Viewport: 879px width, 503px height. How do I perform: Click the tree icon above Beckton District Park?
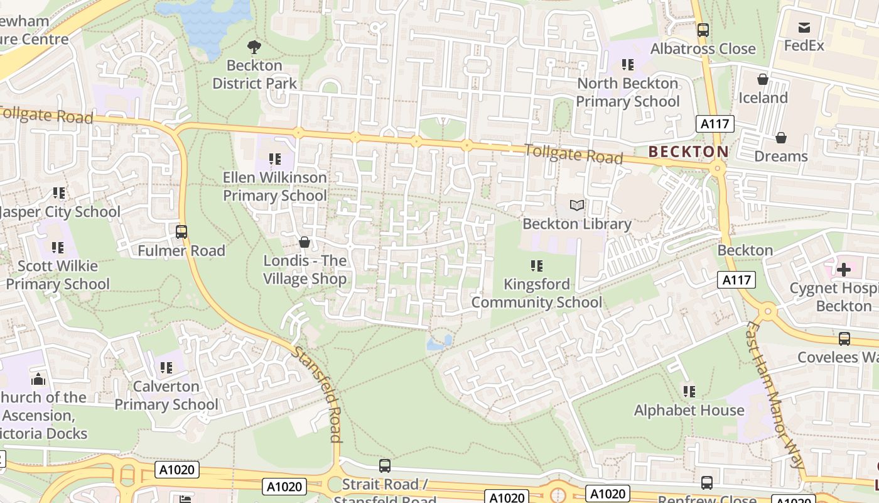(x=254, y=46)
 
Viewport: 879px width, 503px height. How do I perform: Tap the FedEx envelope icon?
(x=804, y=27)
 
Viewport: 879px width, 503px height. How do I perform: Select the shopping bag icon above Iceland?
(x=763, y=79)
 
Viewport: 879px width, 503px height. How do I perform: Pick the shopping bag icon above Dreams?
(x=781, y=137)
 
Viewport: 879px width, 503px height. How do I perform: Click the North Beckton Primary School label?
(x=627, y=92)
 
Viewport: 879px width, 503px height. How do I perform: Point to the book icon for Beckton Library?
(x=576, y=205)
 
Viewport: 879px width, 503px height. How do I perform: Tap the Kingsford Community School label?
(x=536, y=293)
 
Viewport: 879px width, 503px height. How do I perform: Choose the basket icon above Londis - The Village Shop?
(x=305, y=242)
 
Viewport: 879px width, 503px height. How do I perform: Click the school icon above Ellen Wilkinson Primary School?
(x=274, y=159)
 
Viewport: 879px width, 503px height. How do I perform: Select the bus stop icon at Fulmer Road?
(x=181, y=232)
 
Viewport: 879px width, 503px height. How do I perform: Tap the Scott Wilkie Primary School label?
(x=58, y=275)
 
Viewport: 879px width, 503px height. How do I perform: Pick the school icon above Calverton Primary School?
(x=166, y=368)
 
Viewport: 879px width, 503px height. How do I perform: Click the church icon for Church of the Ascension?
(x=38, y=379)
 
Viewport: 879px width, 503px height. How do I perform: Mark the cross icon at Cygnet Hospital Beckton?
(x=843, y=270)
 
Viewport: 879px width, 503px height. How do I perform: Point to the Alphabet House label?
(x=689, y=410)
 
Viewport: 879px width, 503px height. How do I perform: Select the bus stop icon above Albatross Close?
(x=703, y=30)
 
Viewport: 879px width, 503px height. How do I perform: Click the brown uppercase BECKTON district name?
(x=688, y=152)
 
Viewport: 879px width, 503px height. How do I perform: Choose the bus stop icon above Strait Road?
(x=384, y=466)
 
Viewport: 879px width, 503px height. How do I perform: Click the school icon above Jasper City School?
(x=59, y=193)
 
